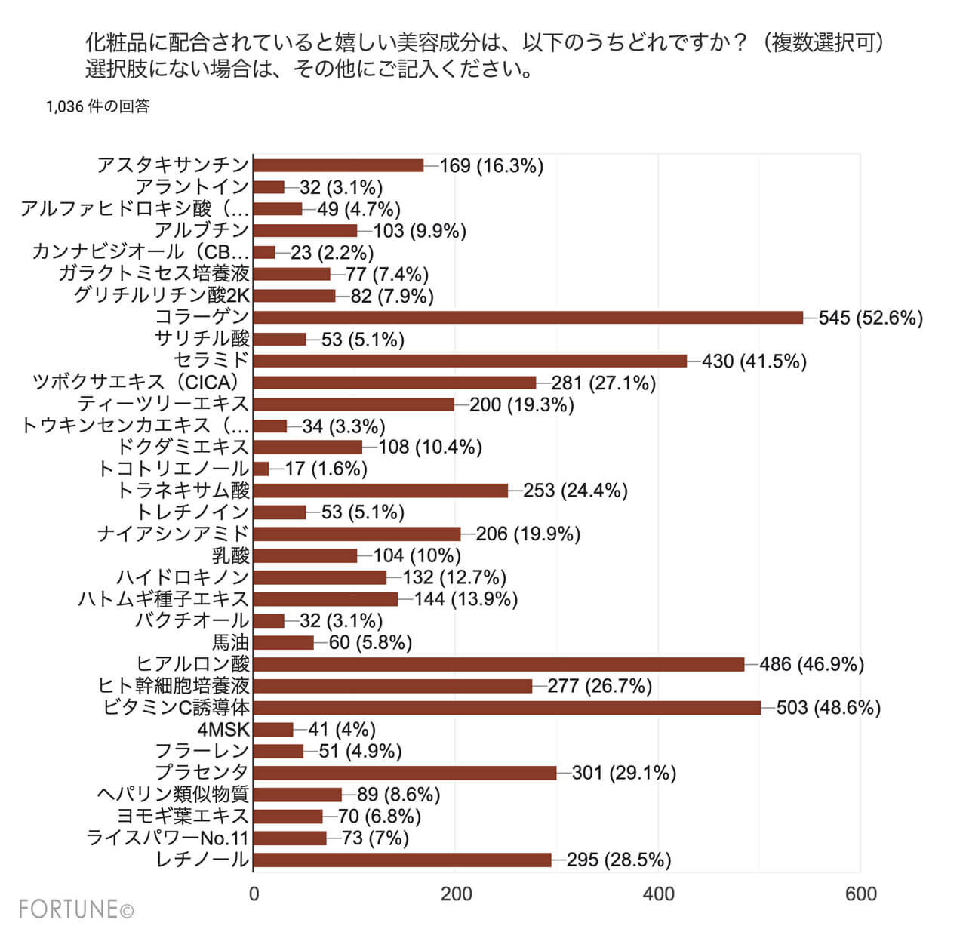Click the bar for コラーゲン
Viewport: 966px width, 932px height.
528,317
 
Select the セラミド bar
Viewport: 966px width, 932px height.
470,361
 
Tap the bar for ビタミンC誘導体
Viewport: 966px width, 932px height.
507,707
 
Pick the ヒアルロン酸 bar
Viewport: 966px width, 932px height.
499,664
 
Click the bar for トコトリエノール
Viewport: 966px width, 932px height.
261,469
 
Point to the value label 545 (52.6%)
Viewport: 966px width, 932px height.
870,318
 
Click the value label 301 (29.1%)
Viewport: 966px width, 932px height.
623,773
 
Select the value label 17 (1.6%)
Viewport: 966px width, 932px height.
326,469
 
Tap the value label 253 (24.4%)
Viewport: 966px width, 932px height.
575,491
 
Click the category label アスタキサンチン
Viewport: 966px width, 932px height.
173,165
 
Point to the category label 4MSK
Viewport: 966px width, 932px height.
223,730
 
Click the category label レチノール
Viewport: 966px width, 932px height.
202,860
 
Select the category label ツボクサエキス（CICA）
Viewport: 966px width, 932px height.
140,383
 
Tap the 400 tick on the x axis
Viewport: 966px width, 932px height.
658,894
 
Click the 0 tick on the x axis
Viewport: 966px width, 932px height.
254,894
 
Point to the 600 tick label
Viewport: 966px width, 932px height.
860,894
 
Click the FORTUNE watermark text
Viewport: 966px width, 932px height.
75,909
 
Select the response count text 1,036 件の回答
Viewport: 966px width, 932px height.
98,106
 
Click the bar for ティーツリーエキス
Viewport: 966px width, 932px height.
354,404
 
